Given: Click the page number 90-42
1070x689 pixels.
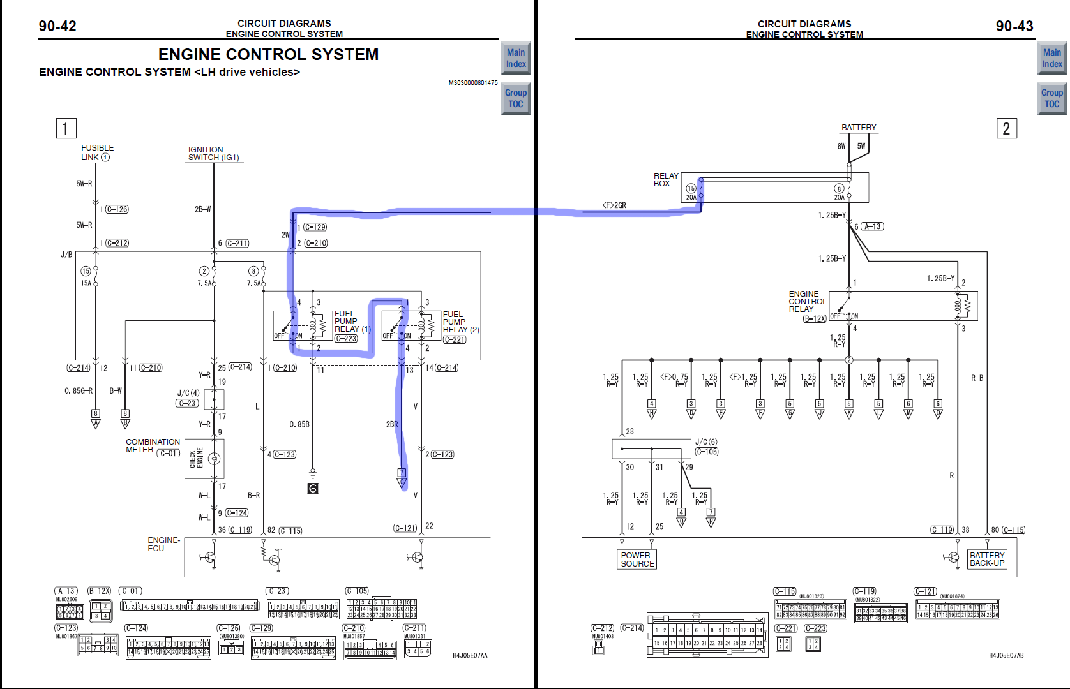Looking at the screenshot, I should [57, 26].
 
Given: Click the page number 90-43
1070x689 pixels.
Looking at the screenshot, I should [1014, 26].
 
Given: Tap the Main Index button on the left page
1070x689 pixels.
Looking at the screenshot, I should [516, 58].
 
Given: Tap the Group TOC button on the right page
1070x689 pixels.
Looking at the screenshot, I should [1051, 98].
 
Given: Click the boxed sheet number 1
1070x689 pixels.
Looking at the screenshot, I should [66, 128].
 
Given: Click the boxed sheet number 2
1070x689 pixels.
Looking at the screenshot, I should [1006, 129].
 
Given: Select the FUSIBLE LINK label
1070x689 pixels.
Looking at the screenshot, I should [97, 152].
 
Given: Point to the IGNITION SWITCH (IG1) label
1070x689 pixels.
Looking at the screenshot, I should [214, 154].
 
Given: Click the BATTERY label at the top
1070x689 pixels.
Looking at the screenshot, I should [859, 128].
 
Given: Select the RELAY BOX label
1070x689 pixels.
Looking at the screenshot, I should [665, 179].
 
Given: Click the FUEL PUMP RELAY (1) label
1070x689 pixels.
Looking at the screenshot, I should [352, 322].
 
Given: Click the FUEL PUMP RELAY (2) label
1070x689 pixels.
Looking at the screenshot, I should [460, 322].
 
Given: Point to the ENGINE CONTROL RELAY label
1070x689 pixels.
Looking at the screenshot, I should [807, 301].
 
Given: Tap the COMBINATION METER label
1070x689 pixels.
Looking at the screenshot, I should [153, 445].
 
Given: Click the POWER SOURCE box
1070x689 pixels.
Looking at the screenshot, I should [637, 559].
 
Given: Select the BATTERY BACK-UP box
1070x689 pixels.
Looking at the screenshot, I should [987, 559].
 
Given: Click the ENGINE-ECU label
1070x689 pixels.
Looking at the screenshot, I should [164, 544].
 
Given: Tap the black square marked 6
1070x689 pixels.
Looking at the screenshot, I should [313, 489].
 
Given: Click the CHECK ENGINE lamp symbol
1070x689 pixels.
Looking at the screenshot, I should [215, 459].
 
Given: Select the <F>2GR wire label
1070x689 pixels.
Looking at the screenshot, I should [614, 205].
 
